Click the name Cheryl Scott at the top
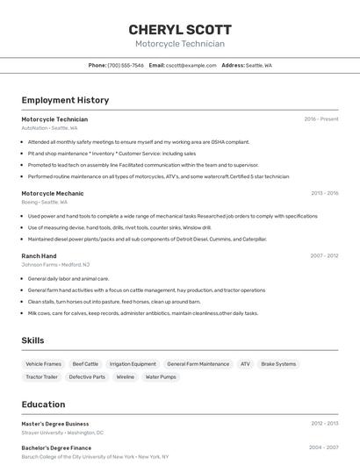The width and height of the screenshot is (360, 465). pyautogui.click(x=180, y=29)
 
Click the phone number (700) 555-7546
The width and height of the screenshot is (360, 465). pyautogui.click(x=126, y=65)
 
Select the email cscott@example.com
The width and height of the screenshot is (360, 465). pyautogui.click(x=191, y=65)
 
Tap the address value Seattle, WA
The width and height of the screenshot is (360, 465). pyautogui.click(x=259, y=65)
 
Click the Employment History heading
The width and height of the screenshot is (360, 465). pyautogui.click(x=65, y=101)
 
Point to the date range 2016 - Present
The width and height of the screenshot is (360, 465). pyautogui.click(x=321, y=119)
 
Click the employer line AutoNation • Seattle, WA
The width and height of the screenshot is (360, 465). pyautogui.click(x=49, y=128)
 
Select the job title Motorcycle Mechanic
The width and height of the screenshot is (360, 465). pyautogui.click(x=53, y=193)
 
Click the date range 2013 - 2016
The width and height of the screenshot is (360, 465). pyautogui.click(x=324, y=193)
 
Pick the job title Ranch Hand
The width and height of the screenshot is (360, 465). pyautogui.click(x=39, y=256)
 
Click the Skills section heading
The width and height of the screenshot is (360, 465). pyautogui.click(x=32, y=340)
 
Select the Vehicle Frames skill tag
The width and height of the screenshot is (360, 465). pyautogui.click(x=44, y=364)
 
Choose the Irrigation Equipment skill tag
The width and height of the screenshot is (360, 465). pyautogui.click(x=133, y=364)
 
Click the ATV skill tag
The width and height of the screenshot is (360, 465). pyautogui.click(x=245, y=364)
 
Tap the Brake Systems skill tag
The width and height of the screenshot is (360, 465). pyautogui.click(x=278, y=364)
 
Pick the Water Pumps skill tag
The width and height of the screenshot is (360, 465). pyautogui.click(x=161, y=377)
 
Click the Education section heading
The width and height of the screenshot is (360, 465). pyautogui.click(x=43, y=404)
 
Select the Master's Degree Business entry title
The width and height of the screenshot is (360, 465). pyautogui.click(x=55, y=424)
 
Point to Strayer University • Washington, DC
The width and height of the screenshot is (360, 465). pyautogui.click(x=62, y=433)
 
